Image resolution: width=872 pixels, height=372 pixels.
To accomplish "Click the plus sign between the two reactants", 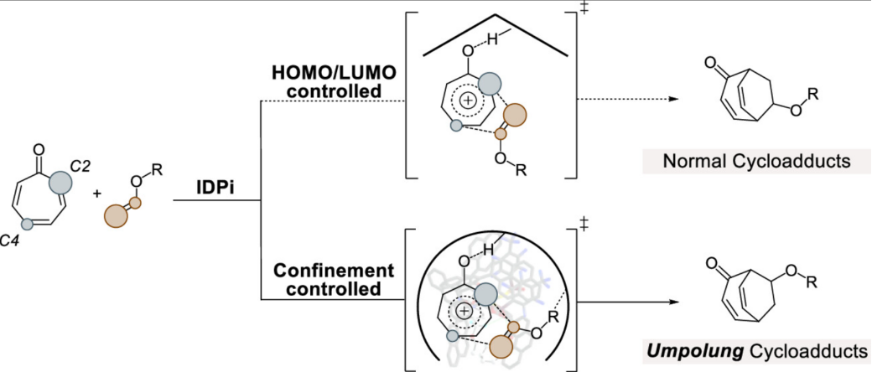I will click(x=97, y=194).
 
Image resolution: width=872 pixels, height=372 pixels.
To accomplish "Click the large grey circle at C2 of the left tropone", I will click(x=61, y=182).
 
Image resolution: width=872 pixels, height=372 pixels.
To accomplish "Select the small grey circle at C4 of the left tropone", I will click(x=27, y=225).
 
